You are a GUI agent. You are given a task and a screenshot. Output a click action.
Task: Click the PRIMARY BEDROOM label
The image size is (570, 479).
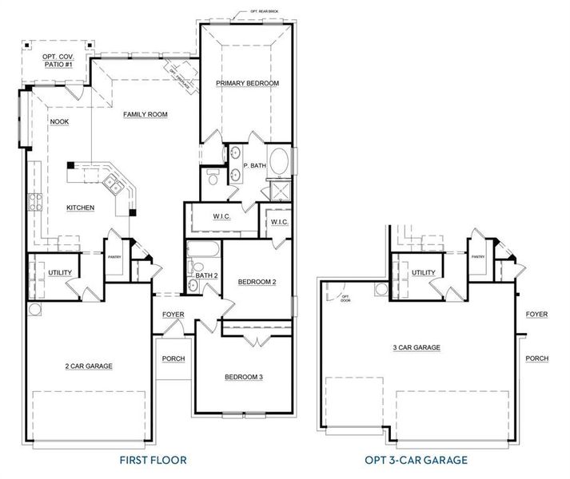tap(247, 83)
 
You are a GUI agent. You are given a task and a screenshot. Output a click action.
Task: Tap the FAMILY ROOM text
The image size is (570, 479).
tap(145, 115)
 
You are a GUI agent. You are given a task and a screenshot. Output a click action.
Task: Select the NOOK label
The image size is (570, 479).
tap(59, 122)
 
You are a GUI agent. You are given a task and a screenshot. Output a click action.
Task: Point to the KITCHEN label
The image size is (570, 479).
tap(81, 208)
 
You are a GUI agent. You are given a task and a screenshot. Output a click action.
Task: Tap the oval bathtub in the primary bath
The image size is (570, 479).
tap(278, 163)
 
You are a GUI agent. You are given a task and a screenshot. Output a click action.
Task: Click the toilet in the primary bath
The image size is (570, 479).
tap(212, 177)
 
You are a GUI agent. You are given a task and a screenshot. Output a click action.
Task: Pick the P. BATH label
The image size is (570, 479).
tap(254, 166)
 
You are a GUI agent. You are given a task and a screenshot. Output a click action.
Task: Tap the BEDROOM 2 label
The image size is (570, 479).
tap(257, 282)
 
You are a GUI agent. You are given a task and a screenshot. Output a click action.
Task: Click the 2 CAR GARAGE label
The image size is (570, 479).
tap(89, 366)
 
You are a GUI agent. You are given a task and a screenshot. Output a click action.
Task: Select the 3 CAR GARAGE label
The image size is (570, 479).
tap(417, 347)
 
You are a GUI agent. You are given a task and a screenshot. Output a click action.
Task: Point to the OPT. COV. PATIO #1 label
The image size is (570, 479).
tap(58, 59)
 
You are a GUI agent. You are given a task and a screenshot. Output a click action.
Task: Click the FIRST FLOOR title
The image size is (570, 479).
tap(152, 460)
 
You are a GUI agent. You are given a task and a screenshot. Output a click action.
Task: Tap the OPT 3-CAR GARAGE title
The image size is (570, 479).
tap(416, 460)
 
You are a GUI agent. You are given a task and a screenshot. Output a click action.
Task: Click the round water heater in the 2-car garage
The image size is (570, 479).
tap(34, 309)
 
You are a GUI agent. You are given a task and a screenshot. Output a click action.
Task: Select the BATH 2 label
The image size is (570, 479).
tap(207, 275)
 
